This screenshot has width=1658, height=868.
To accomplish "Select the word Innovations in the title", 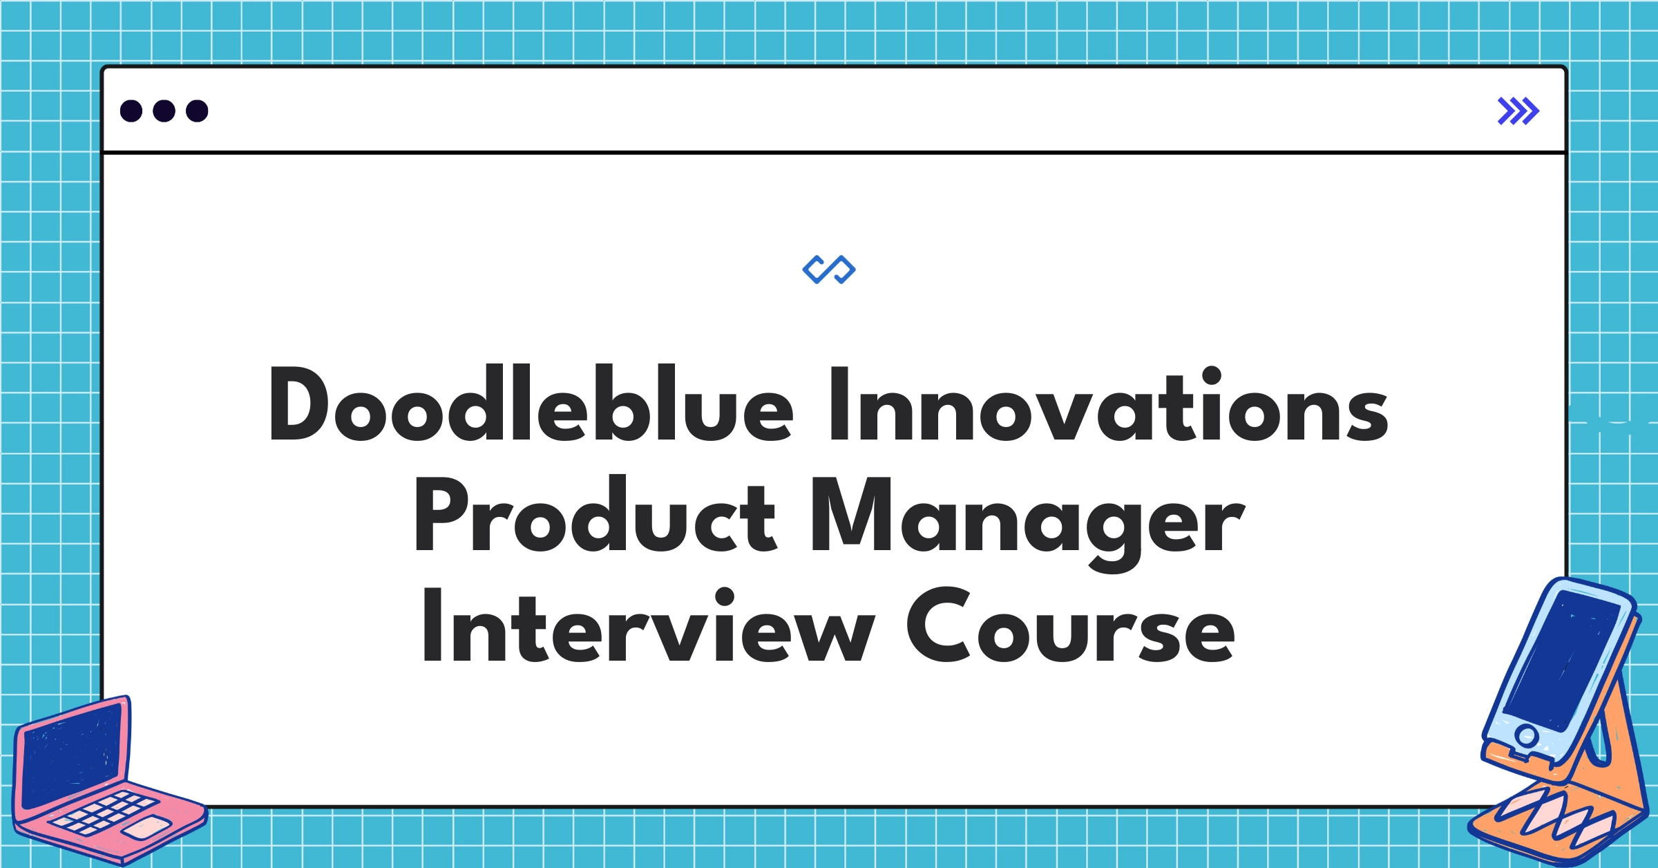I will pyautogui.click(x=1108, y=406).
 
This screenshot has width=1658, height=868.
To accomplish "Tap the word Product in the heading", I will pyautogui.click(x=595, y=516).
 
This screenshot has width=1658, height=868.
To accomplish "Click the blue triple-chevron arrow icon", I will pyautogui.click(x=1518, y=111).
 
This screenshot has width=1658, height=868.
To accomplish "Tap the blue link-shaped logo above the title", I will pyautogui.click(x=829, y=270).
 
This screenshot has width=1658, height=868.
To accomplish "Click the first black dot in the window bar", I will pyautogui.click(x=131, y=111).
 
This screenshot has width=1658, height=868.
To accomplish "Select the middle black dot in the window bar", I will pyautogui.click(x=164, y=111).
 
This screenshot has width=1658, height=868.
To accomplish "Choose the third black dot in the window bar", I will pyautogui.click(x=197, y=111).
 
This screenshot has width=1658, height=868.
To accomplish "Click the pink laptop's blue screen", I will pyautogui.click(x=73, y=757).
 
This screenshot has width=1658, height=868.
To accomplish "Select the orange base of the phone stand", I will pyautogui.click(x=1561, y=822).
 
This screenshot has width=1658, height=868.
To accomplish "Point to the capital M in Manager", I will pyautogui.click(x=852, y=516).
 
